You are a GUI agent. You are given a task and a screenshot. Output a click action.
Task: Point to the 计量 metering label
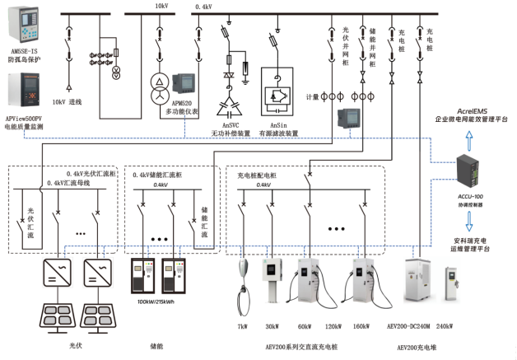(312, 96)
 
